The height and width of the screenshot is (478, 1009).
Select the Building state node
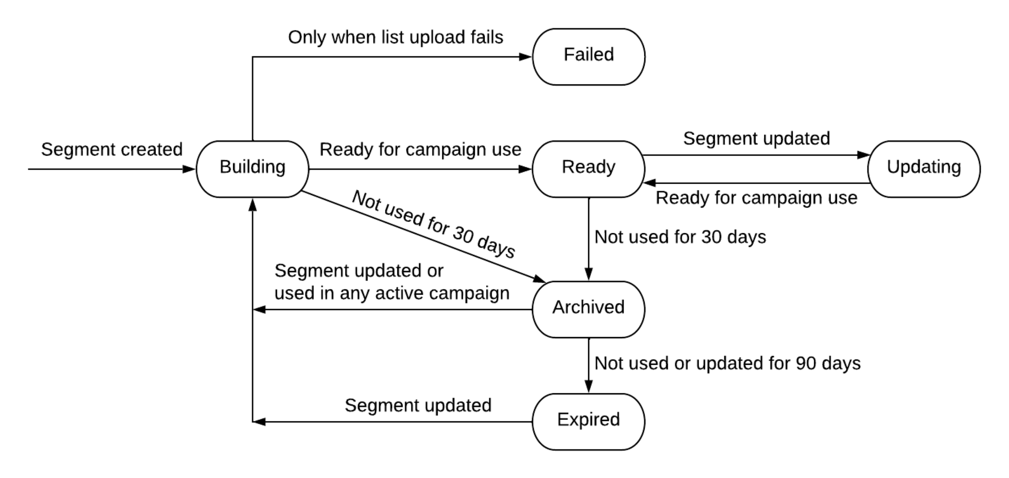click(x=252, y=169)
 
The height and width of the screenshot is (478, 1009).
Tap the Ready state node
click(x=588, y=169)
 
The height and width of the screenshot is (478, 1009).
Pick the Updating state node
click(x=924, y=169)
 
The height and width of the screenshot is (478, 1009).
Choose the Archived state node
click(x=588, y=309)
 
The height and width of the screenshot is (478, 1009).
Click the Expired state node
click(x=588, y=422)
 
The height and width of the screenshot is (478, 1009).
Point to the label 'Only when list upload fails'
click(x=395, y=37)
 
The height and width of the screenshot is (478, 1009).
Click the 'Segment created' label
click(x=112, y=150)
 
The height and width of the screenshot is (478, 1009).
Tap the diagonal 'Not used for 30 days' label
click(x=433, y=224)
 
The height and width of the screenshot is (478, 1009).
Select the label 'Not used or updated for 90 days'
click(x=728, y=364)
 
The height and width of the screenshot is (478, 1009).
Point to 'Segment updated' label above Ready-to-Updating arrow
click(x=756, y=139)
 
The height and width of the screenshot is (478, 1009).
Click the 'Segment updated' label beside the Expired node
click(x=418, y=406)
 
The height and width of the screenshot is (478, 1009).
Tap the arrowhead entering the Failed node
click(x=525, y=57)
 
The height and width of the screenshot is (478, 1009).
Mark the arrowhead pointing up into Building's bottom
click(x=253, y=205)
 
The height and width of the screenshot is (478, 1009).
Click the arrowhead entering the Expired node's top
click(x=588, y=386)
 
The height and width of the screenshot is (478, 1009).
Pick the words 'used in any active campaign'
click(x=392, y=294)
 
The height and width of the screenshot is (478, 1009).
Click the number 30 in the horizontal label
click(x=711, y=237)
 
